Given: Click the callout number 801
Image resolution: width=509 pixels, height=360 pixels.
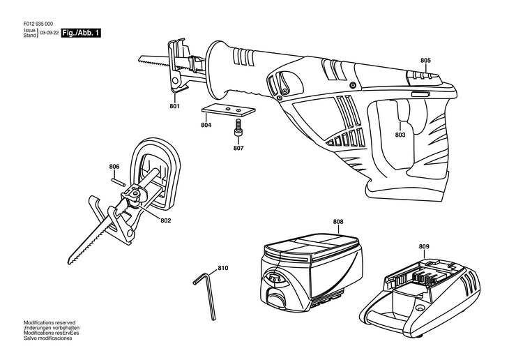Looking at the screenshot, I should click(174, 106).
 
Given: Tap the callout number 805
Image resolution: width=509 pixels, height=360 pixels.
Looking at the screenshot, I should click(425, 61).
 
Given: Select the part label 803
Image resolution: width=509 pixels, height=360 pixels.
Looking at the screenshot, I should click(400, 135).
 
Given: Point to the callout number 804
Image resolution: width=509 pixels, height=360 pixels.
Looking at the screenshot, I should click(206, 126).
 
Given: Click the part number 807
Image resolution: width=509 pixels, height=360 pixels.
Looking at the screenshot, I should click(238, 148).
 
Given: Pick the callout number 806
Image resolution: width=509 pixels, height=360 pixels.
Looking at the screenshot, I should click(115, 166).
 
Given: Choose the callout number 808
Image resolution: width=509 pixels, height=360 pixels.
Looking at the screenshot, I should click(337, 223).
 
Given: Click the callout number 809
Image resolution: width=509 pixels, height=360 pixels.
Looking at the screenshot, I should click(424, 246).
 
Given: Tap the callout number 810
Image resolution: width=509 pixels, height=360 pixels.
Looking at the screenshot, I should click(223, 268).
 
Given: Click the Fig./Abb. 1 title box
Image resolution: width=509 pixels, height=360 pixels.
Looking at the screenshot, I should click(80, 33).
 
